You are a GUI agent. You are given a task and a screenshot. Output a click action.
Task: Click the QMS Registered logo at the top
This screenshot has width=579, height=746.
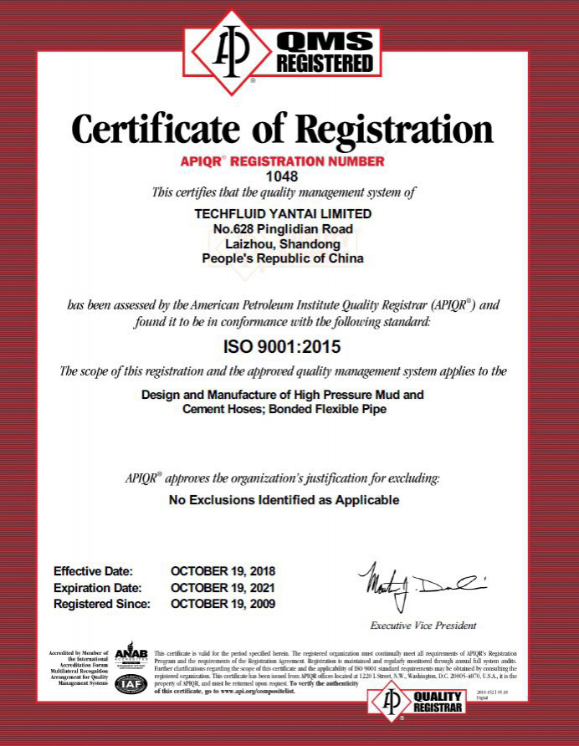282,52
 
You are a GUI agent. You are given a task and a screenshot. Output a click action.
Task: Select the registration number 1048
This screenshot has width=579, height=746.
281,176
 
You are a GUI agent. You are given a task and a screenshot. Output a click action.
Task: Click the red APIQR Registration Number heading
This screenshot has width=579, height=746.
282,161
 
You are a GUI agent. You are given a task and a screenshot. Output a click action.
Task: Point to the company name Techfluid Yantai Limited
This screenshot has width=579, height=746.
283,213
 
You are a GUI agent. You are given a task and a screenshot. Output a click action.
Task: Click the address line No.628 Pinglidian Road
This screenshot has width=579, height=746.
283,228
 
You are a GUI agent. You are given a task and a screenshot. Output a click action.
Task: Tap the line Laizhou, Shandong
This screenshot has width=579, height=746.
283,243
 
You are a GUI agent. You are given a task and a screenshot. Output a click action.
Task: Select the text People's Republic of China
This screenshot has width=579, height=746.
283,258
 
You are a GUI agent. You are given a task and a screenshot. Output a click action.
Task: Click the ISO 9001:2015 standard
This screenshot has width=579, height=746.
282,345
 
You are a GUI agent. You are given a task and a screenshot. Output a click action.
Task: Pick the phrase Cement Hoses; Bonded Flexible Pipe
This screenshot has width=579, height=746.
283,409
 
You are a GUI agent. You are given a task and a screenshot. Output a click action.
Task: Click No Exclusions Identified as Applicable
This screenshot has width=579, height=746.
284,500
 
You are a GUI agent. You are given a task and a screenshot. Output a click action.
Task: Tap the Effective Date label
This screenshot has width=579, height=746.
93,571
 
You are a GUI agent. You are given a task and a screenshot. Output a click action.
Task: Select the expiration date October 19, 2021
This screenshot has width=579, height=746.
223,587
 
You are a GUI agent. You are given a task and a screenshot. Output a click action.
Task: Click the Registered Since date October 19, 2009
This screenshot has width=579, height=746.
223,603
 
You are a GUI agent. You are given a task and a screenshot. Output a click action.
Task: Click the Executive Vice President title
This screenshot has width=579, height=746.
423,625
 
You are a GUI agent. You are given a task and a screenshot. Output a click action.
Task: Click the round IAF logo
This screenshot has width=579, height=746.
131,683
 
